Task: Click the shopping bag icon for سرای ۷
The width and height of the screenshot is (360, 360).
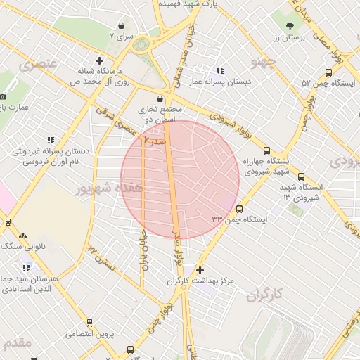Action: pos(122,25)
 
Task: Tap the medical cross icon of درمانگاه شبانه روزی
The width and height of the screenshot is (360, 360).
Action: pos(100,61)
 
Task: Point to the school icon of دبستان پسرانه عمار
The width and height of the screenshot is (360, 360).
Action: pos(221,70)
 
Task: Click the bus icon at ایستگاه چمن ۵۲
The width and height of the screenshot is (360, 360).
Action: pos(329,72)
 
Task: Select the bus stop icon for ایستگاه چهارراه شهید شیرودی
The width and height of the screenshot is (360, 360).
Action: pos(266,150)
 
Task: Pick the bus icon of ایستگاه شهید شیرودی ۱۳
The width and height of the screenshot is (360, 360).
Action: pos(302,176)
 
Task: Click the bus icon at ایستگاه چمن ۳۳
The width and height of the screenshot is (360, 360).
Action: pos(240,209)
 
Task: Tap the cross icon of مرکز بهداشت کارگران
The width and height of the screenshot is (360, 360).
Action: pos(200,270)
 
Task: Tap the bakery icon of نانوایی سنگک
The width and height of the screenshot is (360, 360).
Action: pos(24,236)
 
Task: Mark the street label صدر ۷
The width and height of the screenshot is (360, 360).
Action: pos(155,141)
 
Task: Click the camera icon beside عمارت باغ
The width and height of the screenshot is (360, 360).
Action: pos(3,96)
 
